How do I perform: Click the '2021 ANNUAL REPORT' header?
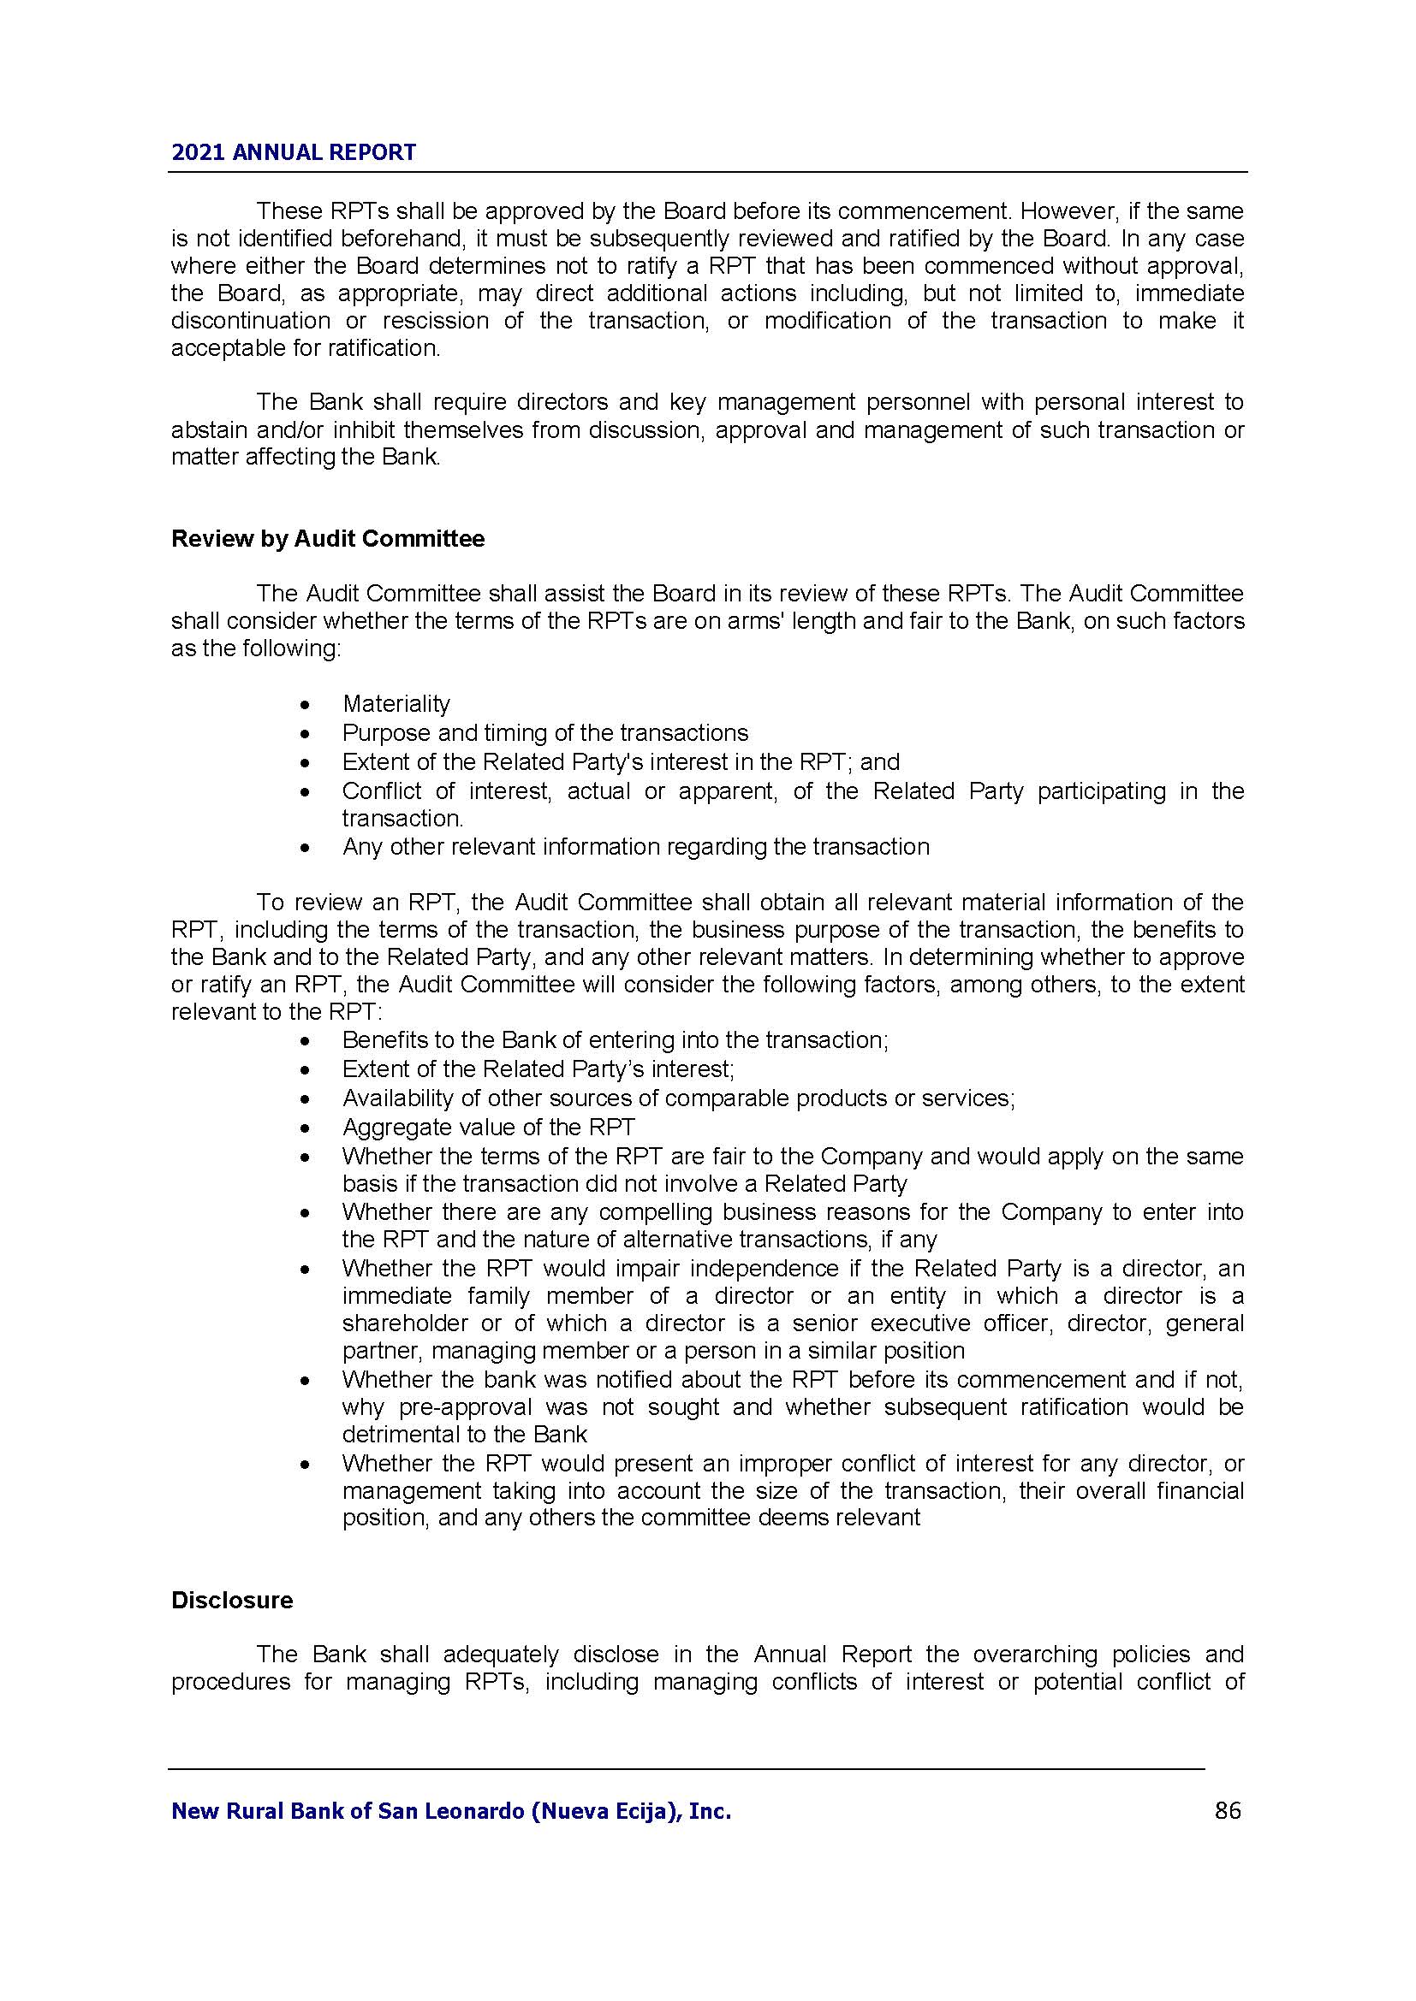tap(294, 152)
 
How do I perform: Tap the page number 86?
tap(1227, 1811)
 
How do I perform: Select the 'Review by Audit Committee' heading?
tap(328, 539)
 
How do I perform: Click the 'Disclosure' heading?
tap(232, 1600)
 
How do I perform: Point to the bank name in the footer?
tap(451, 1811)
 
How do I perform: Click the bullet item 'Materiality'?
tap(396, 703)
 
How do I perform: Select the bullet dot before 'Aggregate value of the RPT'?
tap(304, 1128)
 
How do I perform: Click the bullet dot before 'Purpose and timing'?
tap(304, 734)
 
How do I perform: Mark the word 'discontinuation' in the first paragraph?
tap(250, 321)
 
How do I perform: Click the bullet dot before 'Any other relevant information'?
tap(304, 848)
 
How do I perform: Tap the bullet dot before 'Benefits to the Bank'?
tap(304, 1041)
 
